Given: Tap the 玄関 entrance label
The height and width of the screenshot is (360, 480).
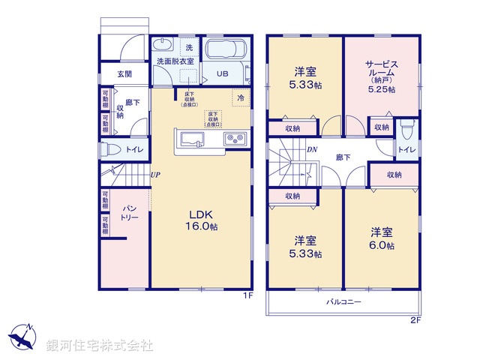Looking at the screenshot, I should pyautogui.click(x=124, y=74).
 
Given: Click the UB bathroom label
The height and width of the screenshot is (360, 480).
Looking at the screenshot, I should pyautogui.click(x=223, y=74).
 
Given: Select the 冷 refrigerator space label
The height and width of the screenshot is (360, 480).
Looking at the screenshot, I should pyautogui.click(x=241, y=97).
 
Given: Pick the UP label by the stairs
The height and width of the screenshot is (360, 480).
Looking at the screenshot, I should pyautogui.click(x=154, y=175).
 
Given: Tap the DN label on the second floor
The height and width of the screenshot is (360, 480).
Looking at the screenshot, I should pyautogui.click(x=311, y=149).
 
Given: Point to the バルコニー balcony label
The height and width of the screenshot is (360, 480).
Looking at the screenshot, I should pyautogui.click(x=343, y=302).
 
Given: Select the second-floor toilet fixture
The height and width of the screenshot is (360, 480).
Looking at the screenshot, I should pyautogui.click(x=405, y=130).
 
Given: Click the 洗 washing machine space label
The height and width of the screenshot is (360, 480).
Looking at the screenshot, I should pyautogui.click(x=189, y=47).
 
